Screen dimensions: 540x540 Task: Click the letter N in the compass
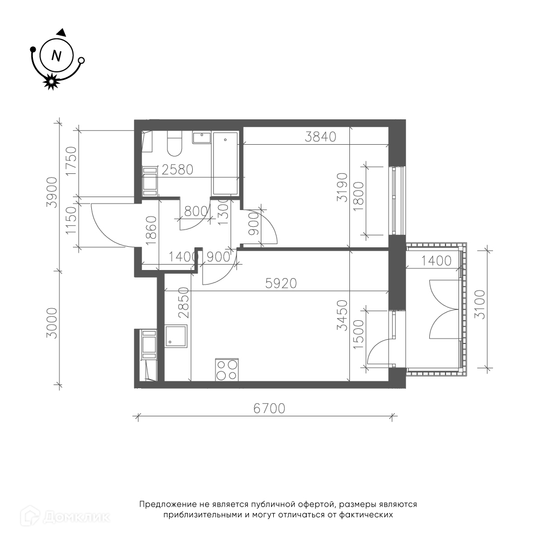[56, 56]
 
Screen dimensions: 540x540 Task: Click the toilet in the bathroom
[174, 144]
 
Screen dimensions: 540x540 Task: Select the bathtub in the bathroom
[226, 163]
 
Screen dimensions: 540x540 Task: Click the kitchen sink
[176, 336]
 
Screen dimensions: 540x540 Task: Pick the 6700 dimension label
[269, 408]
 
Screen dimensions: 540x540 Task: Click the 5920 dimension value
[281, 283]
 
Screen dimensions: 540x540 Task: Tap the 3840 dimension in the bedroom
[321, 137]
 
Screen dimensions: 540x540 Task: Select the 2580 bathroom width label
[177, 170]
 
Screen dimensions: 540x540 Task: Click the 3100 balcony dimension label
[480, 305]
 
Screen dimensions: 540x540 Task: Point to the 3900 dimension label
[52, 193]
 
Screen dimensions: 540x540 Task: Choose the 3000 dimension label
[52, 323]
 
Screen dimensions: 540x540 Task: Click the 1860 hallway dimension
[151, 231]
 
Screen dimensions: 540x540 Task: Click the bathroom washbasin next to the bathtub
[201, 137]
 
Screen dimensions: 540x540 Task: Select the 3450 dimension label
[342, 315]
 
